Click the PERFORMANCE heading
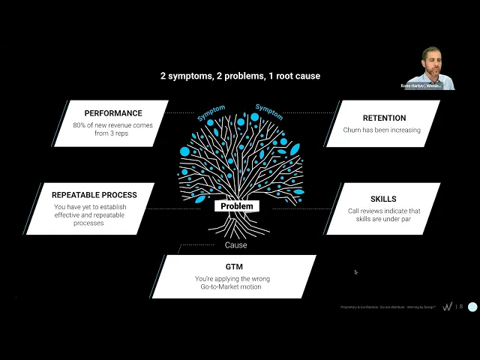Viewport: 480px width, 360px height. [113, 114]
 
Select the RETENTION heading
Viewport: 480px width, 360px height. [384, 118]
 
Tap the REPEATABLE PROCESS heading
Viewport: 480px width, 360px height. [95, 195]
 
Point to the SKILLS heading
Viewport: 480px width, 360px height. [383, 199]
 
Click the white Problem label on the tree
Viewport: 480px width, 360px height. [237, 206]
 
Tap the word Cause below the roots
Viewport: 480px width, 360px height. [235, 245]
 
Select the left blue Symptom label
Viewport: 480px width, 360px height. [211, 112]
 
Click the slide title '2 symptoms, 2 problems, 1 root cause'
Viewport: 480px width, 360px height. [240, 76]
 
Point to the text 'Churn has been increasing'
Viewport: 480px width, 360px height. [382, 130]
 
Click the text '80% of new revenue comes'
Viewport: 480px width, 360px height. [113, 126]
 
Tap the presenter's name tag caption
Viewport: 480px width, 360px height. [430, 85]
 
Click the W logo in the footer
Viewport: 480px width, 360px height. [448, 307]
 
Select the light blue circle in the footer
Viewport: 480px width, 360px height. [472, 307]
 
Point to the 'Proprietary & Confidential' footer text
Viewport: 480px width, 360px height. [360, 307]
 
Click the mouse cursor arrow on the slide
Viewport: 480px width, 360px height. [355, 272]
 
